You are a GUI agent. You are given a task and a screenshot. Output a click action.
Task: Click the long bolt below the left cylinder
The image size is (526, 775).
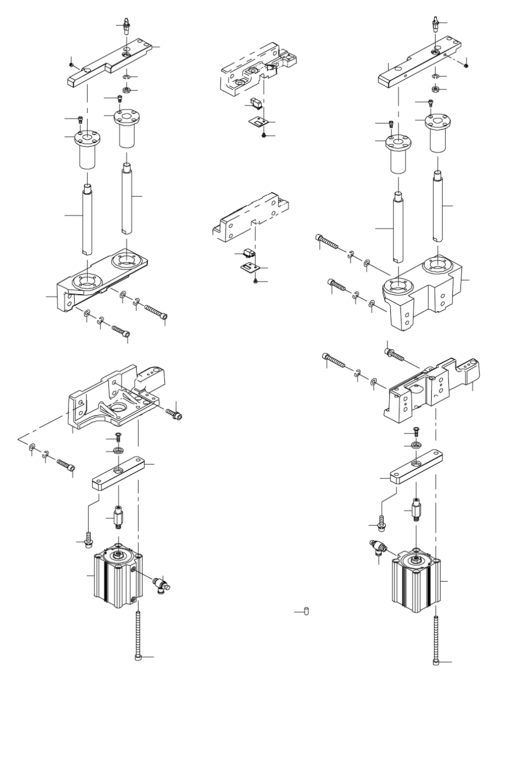click(139, 636)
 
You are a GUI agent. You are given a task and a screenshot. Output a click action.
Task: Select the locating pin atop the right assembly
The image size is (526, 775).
click(435, 23)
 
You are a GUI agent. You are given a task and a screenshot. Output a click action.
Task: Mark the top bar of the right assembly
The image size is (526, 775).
click(419, 66)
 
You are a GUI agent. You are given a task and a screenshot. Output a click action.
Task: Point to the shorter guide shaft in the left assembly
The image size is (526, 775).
click(87, 219)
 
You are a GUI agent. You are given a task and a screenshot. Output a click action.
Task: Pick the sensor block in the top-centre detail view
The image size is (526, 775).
click(256, 103)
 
